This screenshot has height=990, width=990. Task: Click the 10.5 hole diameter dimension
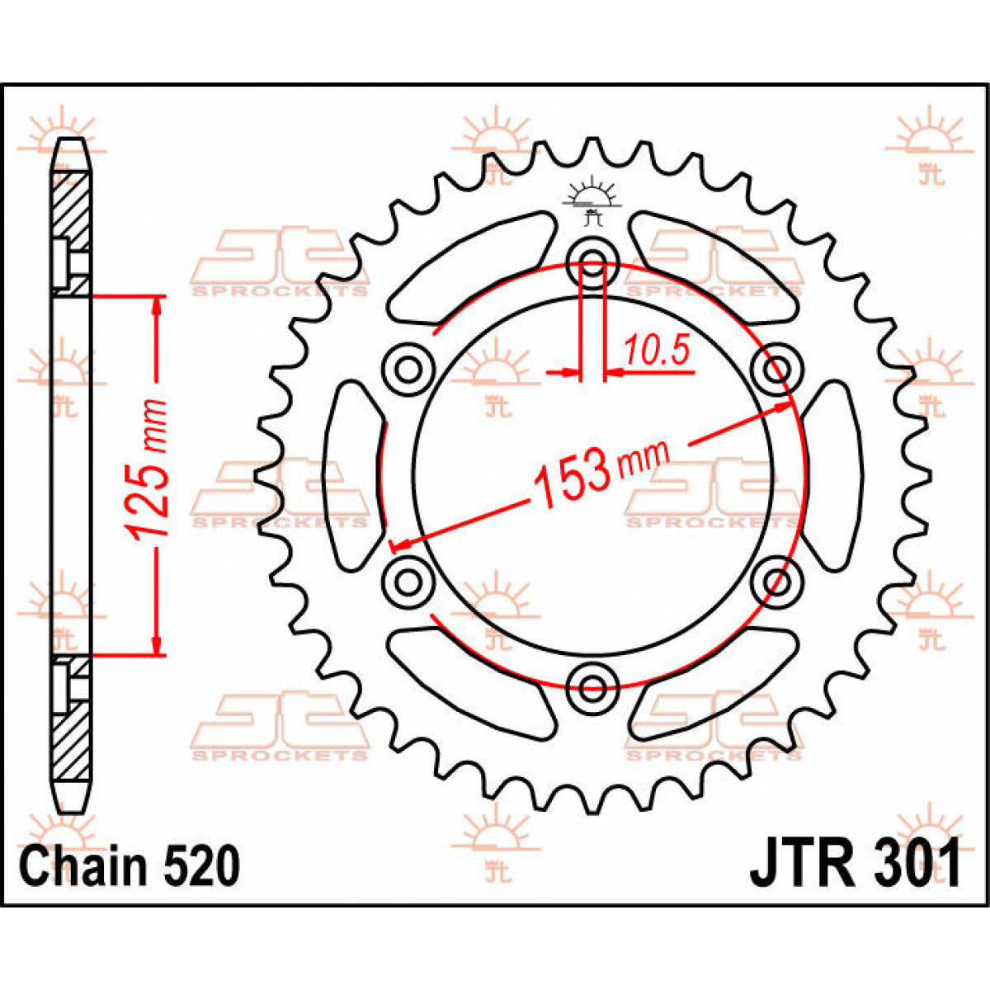point(656,351)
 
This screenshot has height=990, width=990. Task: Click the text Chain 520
point(130,866)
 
